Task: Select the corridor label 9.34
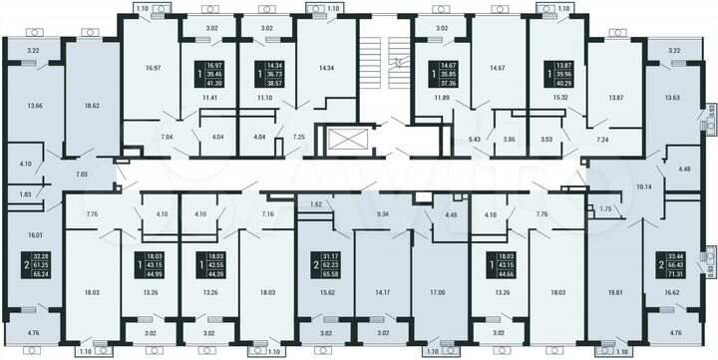[x=383, y=213]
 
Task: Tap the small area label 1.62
[x=316, y=203]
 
